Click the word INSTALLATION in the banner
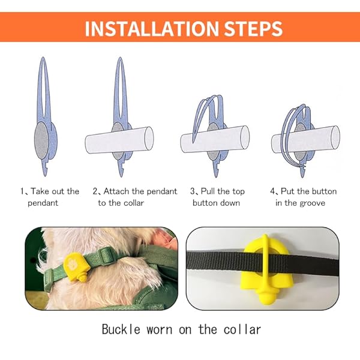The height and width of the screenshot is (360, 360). (x=152, y=28)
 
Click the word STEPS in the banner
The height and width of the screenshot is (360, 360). (x=253, y=28)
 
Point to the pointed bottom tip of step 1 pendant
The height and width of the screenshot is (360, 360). (x=45, y=176)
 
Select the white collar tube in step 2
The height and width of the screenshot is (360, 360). (x=119, y=140)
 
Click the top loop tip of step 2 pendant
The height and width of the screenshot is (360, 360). (x=120, y=58)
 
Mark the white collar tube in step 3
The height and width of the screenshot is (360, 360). (x=215, y=139)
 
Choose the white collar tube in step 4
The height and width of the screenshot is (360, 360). (x=305, y=139)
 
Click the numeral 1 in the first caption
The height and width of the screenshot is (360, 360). (x=22, y=191)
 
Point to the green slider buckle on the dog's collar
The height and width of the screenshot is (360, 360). (x=104, y=256)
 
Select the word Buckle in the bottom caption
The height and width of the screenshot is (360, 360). (x=121, y=329)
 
